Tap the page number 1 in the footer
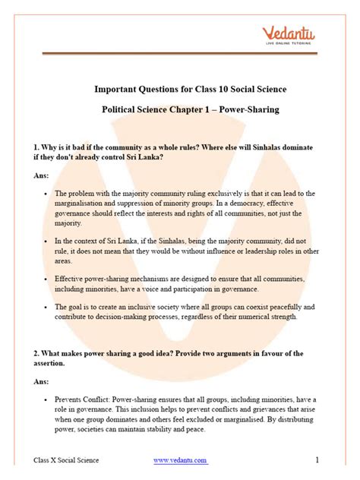pyautogui.click(x=317, y=459)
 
